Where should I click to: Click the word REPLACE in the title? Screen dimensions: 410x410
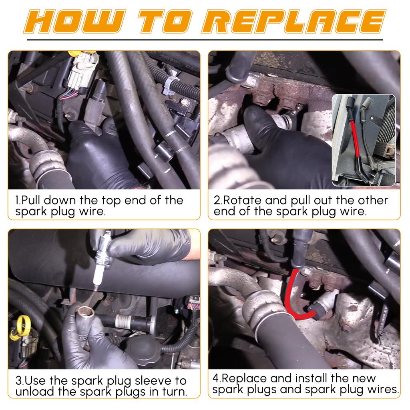293,22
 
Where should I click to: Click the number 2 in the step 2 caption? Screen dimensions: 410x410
217,201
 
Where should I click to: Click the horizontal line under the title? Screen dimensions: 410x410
205,40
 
